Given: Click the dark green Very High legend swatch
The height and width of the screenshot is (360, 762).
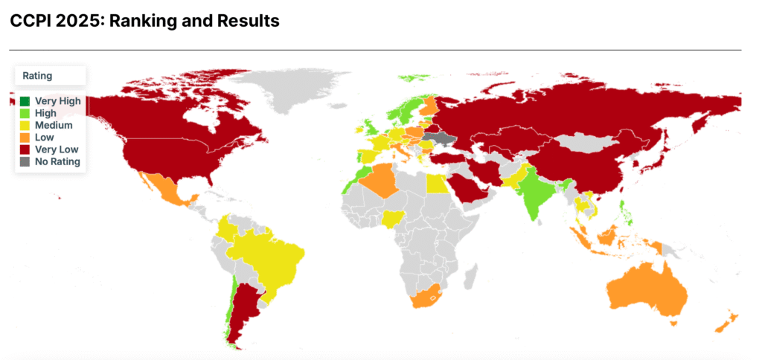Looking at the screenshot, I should pyautogui.click(x=25, y=101).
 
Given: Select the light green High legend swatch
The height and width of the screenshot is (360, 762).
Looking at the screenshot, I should pyautogui.click(x=25, y=113).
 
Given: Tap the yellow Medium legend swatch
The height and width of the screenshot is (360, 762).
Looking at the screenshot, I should pyautogui.click(x=25, y=125).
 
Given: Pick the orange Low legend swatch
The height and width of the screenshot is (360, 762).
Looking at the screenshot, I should pyautogui.click(x=25, y=137).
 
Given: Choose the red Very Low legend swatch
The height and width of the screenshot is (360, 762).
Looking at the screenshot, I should pyautogui.click(x=25, y=149).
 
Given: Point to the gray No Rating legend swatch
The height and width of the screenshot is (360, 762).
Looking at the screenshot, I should pyautogui.click(x=25, y=161).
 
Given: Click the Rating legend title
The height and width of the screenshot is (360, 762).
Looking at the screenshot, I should pyautogui.click(x=37, y=76).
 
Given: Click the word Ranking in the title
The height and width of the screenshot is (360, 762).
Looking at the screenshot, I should pyautogui.click(x=141, y=21).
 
